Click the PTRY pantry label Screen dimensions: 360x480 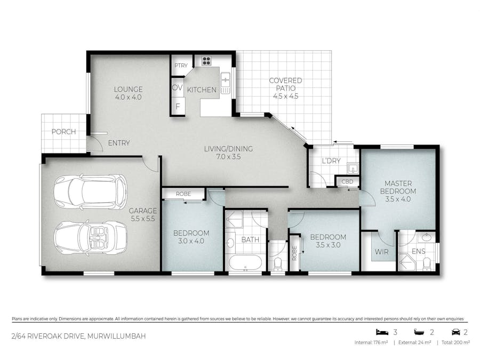[x=180, y=66]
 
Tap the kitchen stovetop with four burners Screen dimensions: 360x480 [x=206, y=61]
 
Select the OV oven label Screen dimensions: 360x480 [x=177, y=87]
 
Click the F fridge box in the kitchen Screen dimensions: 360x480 [x=177, y=106]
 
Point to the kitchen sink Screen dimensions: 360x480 [x=225, y=81]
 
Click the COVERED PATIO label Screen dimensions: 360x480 [x=285, y=84]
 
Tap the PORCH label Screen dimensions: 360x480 [x=63, y=132]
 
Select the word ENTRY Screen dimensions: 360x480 [x=118, y=143]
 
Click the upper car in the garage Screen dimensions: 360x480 [x=90, y=191]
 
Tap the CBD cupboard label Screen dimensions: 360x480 [x=347, y=182]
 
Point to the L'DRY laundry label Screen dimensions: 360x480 [x=331, y=161]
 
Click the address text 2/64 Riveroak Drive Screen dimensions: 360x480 [x=78, y=336]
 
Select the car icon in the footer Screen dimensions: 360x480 [x=455, y=332]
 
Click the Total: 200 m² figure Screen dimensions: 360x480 [x=455, y=342]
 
